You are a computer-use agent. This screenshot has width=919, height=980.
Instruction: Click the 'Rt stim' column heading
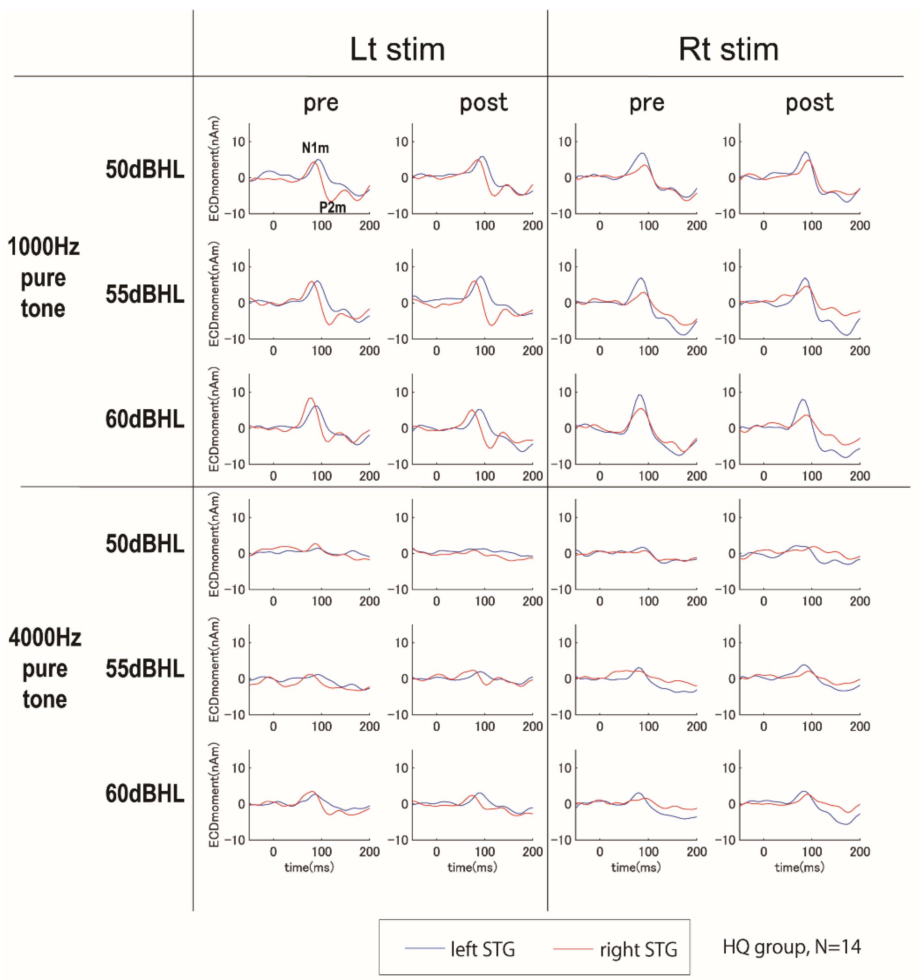click(728, 50)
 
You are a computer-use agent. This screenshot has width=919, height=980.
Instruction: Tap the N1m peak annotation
click(315, 148)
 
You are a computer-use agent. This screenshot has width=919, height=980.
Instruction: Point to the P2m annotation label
click(332, 208)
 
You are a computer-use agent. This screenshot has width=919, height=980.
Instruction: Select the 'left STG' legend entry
click(482, 949)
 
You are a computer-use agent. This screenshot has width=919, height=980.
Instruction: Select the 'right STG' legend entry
click(638, 949)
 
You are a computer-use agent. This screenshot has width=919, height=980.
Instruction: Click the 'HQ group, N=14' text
click(791, 946)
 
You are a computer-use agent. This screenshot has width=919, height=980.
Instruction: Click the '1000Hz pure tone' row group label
click(43, 278)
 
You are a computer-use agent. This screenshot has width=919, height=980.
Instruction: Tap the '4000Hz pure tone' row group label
click(44, 669)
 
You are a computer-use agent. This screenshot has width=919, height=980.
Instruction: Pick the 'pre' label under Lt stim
click(320, 103)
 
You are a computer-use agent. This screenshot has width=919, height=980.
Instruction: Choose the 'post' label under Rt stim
click(809, 103)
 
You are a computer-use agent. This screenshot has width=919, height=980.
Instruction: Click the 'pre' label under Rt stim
click(646, 103)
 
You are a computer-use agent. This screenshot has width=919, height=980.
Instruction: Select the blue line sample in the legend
click(424, 948)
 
